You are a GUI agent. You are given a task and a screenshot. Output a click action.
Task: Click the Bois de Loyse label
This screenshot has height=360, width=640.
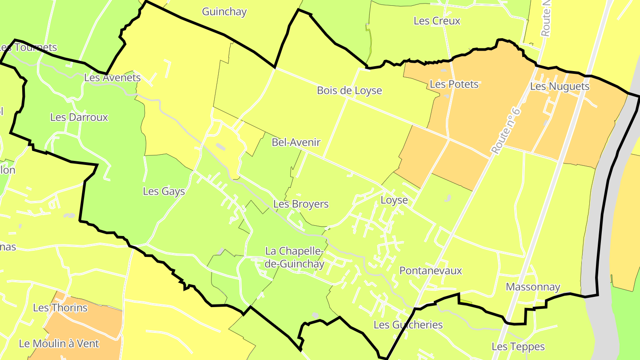[349, 91]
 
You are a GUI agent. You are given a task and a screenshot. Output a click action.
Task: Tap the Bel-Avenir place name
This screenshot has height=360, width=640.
[296, 143]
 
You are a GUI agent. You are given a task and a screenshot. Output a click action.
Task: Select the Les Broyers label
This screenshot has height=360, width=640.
[301, 204]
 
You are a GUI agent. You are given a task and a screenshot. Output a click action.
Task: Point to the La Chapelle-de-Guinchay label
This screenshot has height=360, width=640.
[295, 257]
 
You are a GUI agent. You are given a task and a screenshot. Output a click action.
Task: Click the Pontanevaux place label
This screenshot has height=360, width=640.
[431, 271]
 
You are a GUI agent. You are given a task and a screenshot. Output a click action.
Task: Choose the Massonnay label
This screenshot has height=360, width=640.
[533, 287]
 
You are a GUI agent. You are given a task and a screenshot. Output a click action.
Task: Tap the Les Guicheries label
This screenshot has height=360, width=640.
[408, 325]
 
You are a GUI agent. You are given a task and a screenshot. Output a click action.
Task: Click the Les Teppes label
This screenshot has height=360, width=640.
[518, 347]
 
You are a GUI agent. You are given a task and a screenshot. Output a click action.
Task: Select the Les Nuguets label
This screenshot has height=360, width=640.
[560, 87]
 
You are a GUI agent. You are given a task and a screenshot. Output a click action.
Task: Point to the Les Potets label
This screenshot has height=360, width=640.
[454, 84]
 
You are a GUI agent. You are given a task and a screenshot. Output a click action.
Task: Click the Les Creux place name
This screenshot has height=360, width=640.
[437, 21]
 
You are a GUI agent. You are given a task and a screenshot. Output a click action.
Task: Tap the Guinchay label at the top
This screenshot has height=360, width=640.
[224, 12]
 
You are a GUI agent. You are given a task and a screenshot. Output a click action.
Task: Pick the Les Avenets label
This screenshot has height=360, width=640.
[112, 78]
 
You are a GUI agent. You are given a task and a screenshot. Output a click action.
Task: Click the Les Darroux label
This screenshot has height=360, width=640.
[79, 117]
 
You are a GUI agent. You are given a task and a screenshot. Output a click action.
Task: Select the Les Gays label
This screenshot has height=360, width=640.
[164, 192]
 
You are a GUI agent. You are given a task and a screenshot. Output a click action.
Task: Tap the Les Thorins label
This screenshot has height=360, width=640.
[60, 308]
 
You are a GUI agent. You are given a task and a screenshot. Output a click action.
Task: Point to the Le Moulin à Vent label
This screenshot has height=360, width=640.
[59, 344]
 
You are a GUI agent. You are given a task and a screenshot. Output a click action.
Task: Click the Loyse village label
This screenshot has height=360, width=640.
[394, 200]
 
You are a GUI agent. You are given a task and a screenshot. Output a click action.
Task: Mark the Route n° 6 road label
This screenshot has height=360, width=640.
[506, 131]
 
